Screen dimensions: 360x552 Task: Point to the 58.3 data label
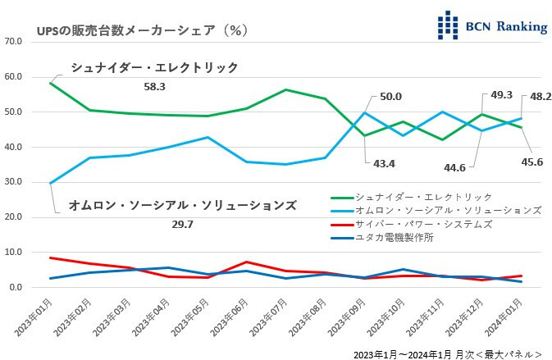[x=154, y=85]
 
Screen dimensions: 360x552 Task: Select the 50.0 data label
[x=390, y=98]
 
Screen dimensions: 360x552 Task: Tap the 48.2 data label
[x=541, y=97]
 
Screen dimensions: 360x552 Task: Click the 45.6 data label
[x=533, y=162]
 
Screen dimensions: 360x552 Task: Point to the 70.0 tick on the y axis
[x=13, y=40]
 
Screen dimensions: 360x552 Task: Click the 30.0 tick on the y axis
[x=13, y=182]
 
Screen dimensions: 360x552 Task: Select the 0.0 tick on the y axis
[x=16, y=288]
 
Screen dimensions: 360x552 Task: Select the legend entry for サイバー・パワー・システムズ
[x=423, y=224]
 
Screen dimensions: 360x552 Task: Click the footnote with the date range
[x=447, y=353]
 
